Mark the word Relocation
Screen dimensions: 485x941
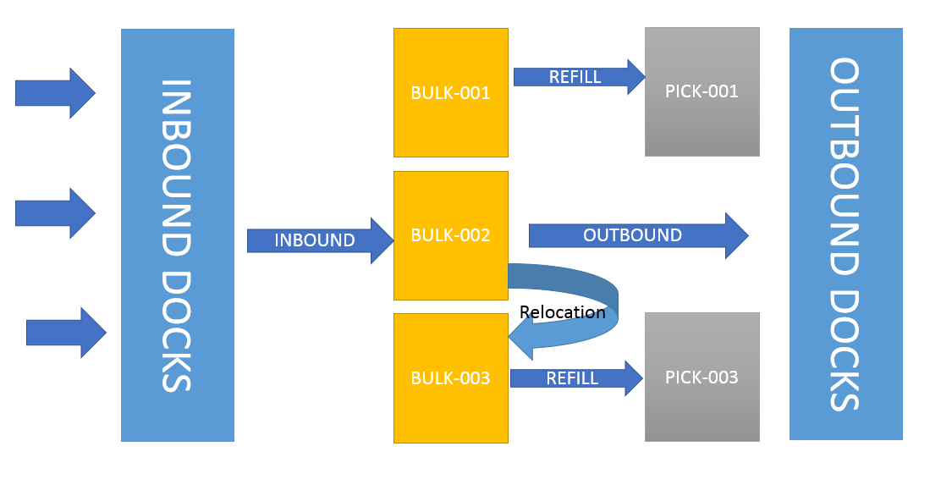pyautogui.click(x=562, y=311)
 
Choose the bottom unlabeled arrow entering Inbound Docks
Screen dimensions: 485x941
pyautogui.click(x=66, y=333)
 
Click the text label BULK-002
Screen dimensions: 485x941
pyautogui.click(x=450, y=235)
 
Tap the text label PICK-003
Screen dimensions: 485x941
pyautogui.click(x=702, y=378)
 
